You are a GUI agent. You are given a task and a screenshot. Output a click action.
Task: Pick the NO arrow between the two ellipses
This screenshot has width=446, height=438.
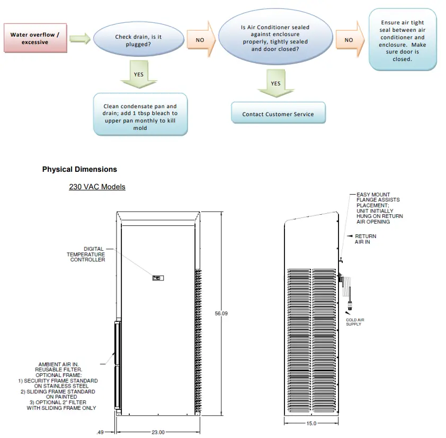click(x=202, y=40)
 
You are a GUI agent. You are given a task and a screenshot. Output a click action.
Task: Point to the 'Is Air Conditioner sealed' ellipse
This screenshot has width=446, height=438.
click(x=275, y=38)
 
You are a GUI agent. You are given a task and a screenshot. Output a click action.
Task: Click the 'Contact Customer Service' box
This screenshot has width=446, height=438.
click(x=278, y=114)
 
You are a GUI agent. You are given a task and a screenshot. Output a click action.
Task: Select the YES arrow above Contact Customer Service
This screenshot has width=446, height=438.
click(x=275, y=84)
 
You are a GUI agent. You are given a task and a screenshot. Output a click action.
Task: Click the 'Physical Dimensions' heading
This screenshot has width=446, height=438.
click(x=79, y=170)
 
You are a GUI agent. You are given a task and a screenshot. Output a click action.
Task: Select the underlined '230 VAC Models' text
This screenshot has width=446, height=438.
click(x=97, y=187)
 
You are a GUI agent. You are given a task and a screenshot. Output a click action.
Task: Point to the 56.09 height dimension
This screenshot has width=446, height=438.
click(x=221, y=314)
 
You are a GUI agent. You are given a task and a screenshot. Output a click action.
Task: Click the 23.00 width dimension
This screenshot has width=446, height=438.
click(x=158, y=432)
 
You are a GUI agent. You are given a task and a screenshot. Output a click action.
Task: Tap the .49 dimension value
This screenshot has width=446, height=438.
click(x=101, y=432)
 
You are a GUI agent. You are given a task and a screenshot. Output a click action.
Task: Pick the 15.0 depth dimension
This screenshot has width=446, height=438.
click(x=311, y=423)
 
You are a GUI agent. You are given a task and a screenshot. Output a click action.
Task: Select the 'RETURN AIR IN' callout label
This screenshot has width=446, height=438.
click(x=365, y=239)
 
